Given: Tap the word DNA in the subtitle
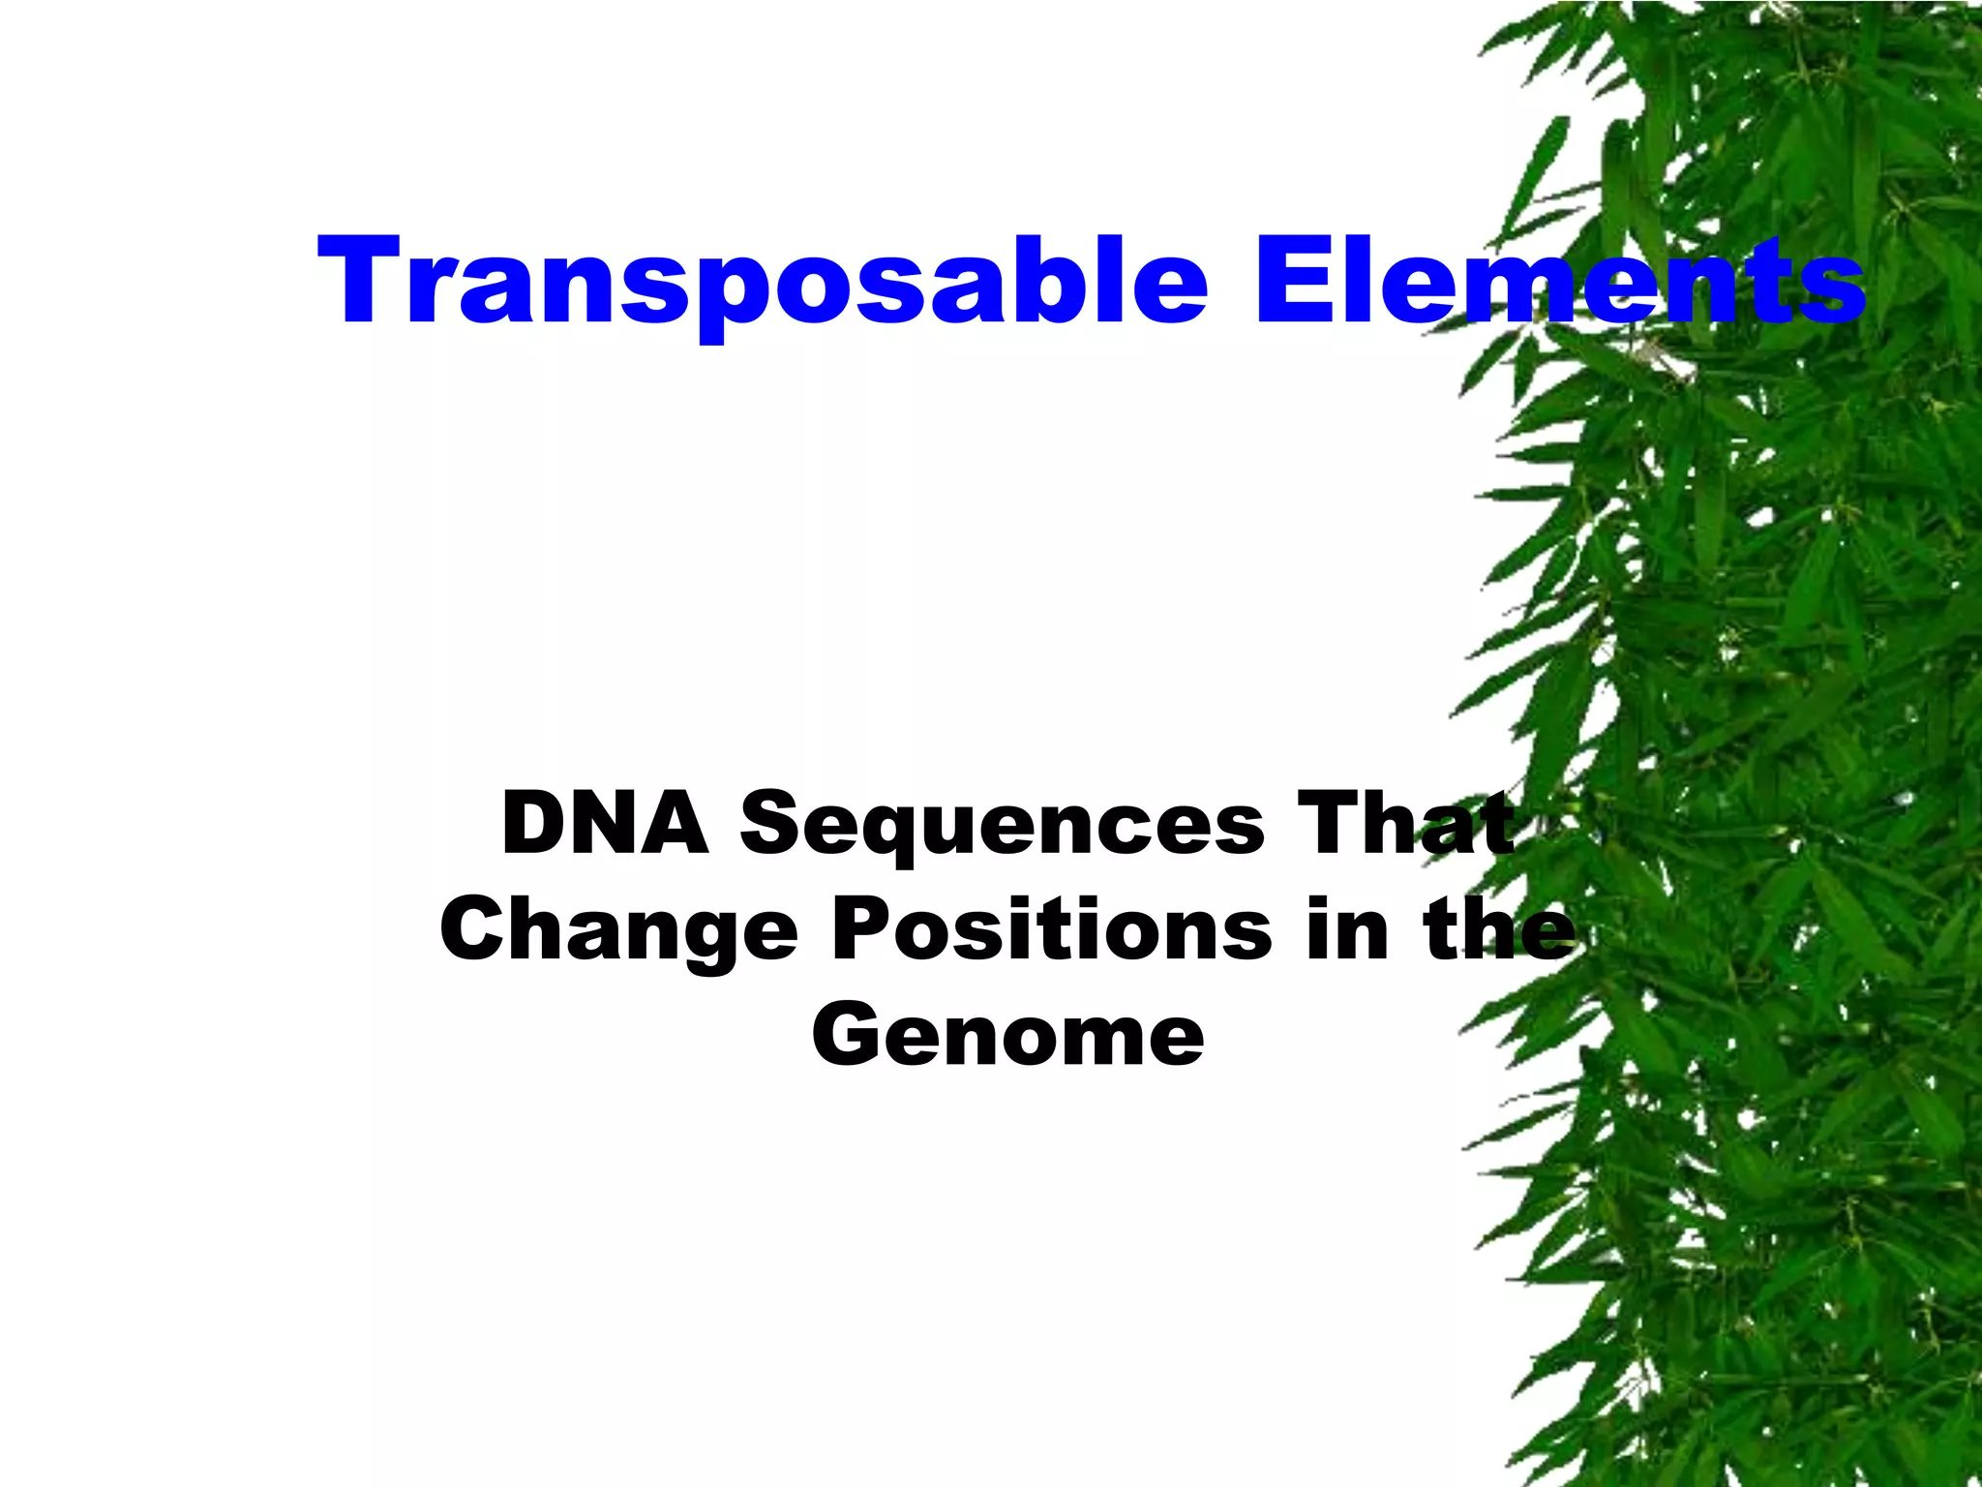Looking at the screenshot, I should [x=605, y=824].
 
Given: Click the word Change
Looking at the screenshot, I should [x=619, y=931].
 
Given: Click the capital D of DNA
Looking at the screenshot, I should [x=536, y=824].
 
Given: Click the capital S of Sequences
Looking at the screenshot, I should [x=773, y=824].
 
